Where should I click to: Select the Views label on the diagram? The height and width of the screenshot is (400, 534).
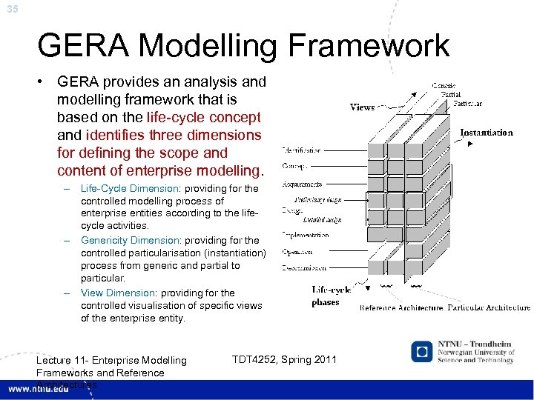363,107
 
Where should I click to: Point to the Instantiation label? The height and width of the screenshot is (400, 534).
487,133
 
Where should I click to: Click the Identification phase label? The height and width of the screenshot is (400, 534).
302,150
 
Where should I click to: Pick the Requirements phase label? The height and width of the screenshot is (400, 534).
302,184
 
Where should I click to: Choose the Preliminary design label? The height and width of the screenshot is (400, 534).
319,200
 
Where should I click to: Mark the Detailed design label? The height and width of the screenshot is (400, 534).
323,219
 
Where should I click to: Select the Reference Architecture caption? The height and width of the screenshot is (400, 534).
401,307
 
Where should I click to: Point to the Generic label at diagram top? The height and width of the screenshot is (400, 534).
443,87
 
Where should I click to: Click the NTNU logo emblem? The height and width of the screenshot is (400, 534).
423,351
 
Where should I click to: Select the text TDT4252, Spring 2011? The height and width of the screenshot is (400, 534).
284,360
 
